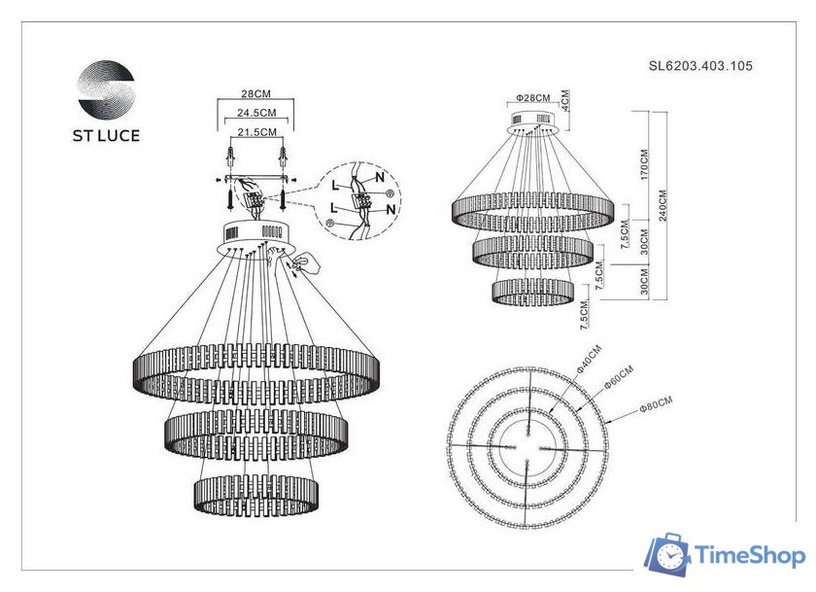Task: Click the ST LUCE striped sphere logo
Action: (106, 89)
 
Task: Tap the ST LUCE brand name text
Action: (106, 135)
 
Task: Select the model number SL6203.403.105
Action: (700, 67)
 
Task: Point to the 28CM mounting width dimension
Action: (255, 94)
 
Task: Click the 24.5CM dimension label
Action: (255, 113)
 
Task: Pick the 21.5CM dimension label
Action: (255, 131)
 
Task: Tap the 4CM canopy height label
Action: (565, 99)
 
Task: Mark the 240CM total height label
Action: (663, 204)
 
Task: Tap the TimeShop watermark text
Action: (749, 556)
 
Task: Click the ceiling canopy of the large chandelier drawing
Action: (255, 234)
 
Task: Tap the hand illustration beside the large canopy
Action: (310, 262)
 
